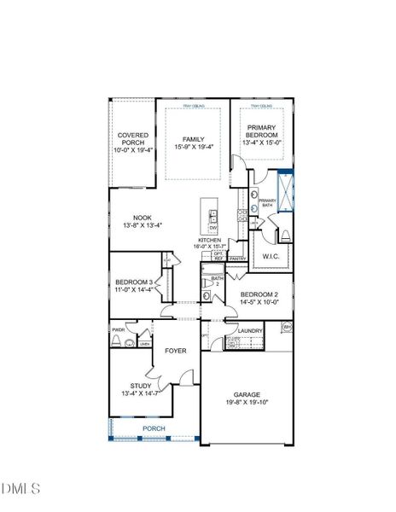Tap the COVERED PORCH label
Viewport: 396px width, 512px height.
click(x=132, y=138)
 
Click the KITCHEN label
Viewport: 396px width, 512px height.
click(x=210, y=241)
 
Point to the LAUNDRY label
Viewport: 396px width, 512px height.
click(x=250, y=330)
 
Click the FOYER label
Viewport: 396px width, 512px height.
click(x=176, y=351)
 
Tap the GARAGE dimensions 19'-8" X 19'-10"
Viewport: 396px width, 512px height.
click(x=247, y=404)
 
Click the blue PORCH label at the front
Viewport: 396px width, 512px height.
click(x=154, y=428)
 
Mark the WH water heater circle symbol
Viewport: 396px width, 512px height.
click(x=288, y=327)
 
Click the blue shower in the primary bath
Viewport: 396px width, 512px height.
click(x=285, y=187)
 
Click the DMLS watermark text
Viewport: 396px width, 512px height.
click(x=20, y=488)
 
